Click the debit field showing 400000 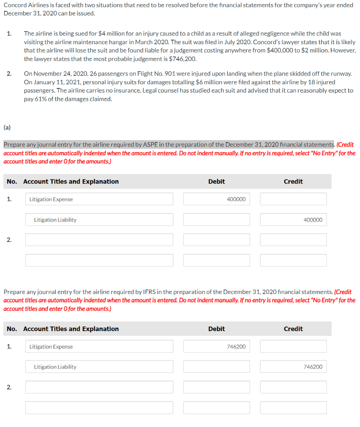216,199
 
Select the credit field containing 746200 293,367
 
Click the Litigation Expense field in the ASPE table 99,199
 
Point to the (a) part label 7,123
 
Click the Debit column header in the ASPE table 216,181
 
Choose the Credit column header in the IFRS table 293,329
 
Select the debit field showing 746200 216,347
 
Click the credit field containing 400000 293,220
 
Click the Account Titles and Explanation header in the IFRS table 71,329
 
